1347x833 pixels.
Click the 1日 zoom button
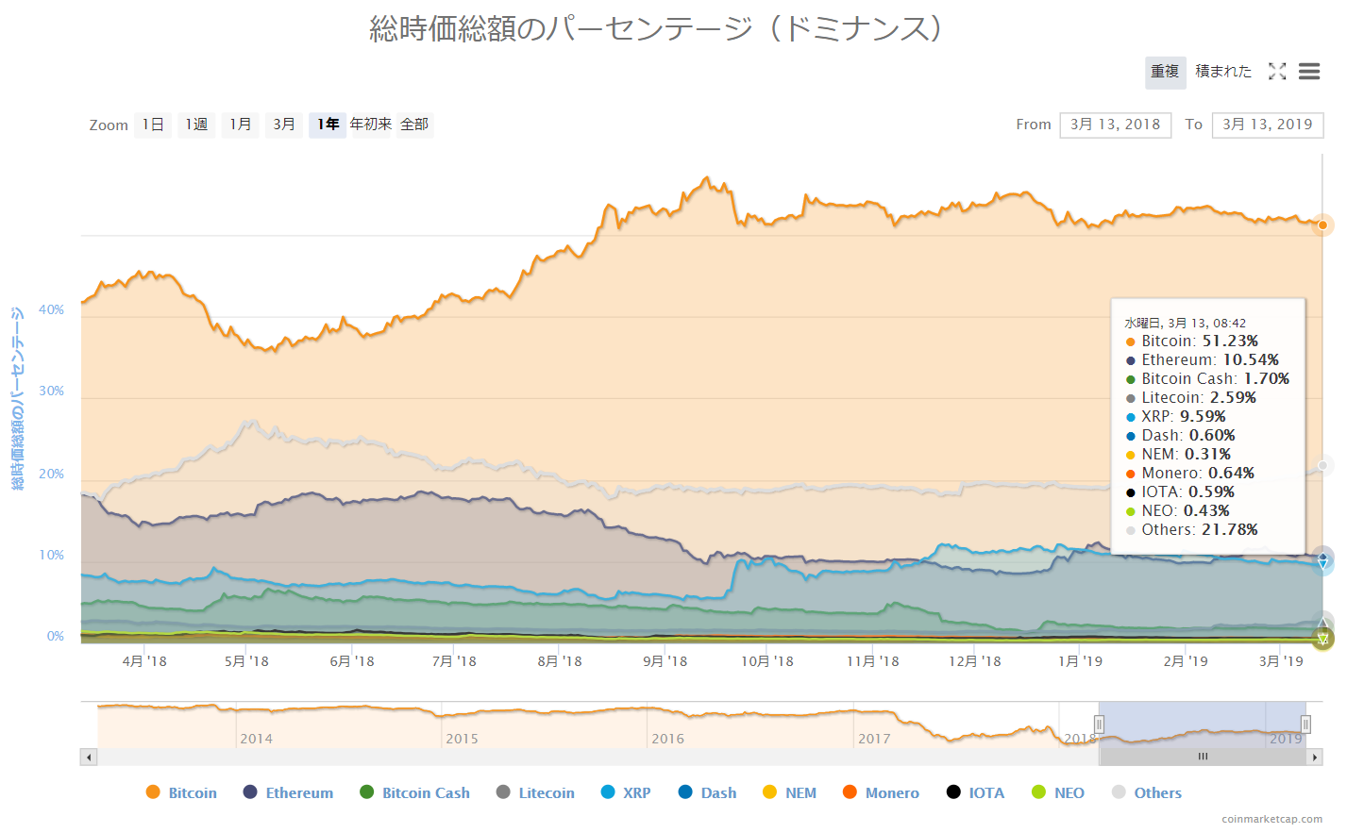153,125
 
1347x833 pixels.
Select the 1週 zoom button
196,125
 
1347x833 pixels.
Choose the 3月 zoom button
284,125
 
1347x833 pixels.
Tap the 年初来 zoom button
370,125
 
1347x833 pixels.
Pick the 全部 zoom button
414,125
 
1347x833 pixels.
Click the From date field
1115,125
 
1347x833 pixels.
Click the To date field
1267,125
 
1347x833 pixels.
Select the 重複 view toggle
1165,72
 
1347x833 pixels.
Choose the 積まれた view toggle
1223,72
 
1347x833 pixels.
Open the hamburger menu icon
1309,72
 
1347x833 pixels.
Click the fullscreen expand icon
1277,72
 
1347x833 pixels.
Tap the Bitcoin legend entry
182,793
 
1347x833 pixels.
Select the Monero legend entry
881,793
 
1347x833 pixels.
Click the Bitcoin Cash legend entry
415,793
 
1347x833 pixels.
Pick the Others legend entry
1147,793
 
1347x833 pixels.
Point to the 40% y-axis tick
52,310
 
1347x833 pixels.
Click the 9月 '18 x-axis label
665,661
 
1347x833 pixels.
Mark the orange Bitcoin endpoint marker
1322,225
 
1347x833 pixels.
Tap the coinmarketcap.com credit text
1271,820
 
